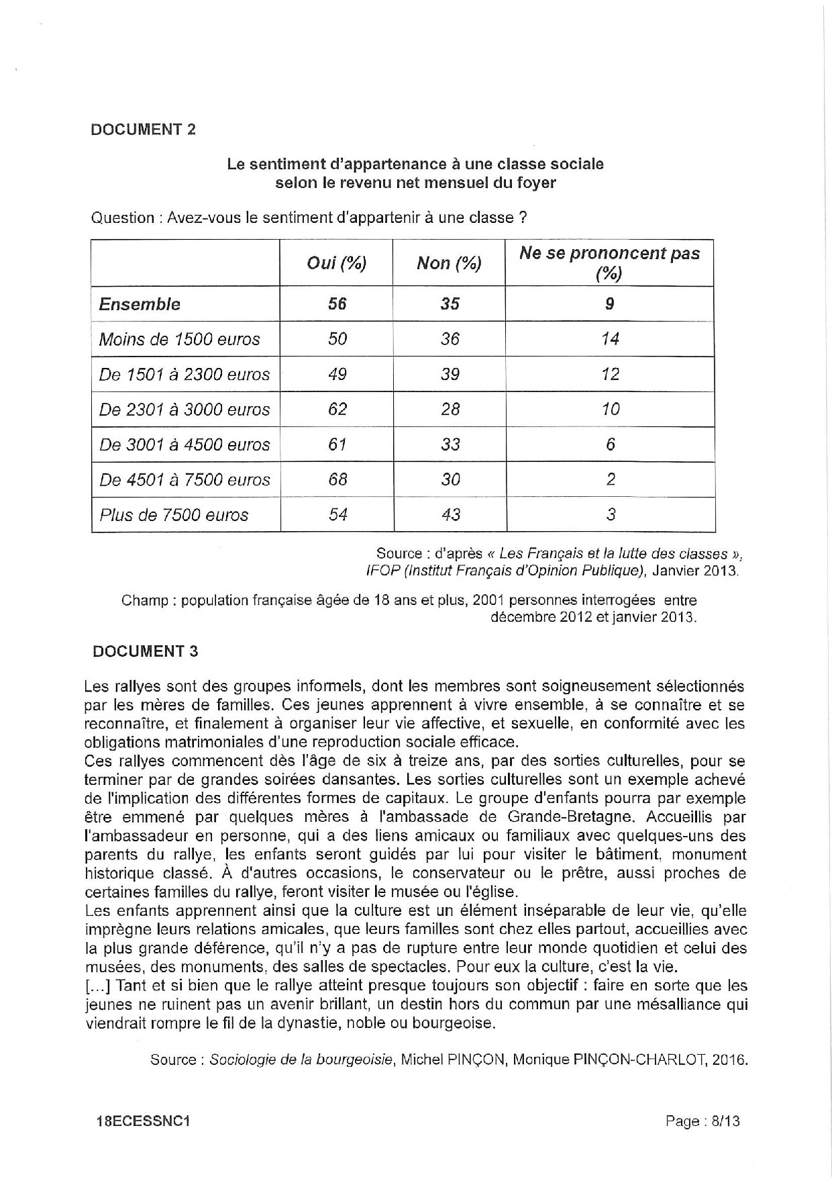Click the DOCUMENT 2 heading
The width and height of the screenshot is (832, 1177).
(x=143, y=130)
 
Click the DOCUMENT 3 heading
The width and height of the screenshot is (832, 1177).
(x=146, y=651)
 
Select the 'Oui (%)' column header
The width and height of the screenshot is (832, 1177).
(x=336, y=263)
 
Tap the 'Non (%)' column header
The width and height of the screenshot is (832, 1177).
(x=449, y=263)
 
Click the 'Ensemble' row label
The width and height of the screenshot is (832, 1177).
(x=140, y=304)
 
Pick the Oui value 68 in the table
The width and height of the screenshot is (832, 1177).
(x=337, y=479)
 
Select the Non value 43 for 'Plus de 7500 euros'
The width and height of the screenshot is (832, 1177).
(x=450, y=514)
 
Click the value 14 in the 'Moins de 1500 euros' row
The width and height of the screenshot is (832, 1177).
(x=610, y=339)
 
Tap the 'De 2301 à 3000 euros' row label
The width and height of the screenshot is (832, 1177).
(x=185, y=410)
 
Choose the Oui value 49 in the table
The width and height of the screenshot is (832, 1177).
(x=337, y=374)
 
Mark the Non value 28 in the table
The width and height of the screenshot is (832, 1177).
(x=450, y=410)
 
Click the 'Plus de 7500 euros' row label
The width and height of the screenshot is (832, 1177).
(x=174, y=515)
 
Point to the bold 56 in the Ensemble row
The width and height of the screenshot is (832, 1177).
(x=337, y=304)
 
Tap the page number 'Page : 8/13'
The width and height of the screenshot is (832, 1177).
(x=703, y=1121)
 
